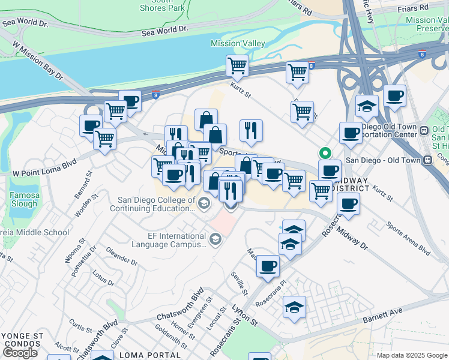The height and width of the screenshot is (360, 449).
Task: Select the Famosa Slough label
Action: pyautogui.click(x=25, y=199)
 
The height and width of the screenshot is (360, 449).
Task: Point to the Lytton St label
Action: pyautogui.click(x=244, y=314)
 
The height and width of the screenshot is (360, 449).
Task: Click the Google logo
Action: pyautogui.click(x=20, y=353)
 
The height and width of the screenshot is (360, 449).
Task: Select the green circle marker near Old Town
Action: pyautogui.click(x=325, y=152)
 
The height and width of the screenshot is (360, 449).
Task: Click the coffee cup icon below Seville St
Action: pyautogui.click(x=268, y=265)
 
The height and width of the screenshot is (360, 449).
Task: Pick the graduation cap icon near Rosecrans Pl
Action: pyautogui.click(x=294, y=307)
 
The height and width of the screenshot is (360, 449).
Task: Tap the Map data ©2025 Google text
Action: pyautogui.click(x=411, y=355)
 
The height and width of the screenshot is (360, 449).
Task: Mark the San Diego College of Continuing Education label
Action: pyautogui.click(x=156, y=205)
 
